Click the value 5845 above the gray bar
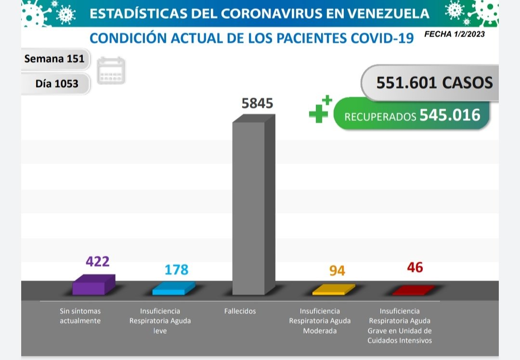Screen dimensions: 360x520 click(257, 103)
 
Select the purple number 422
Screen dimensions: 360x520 click(98, 261)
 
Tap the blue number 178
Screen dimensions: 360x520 click(176, 270)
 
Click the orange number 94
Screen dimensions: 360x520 click(337, 270)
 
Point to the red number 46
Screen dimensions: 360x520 click(415, 268)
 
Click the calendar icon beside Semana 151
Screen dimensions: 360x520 click(111, 71)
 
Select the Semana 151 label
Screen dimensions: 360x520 click(54, 59)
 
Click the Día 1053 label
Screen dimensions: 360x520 click(56, 83)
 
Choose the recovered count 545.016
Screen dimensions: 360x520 click(450, 115)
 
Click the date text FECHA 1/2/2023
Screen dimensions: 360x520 click(455, 34)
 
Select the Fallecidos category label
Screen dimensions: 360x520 click(240, 311)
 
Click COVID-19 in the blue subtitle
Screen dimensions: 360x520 click(382, 39)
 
